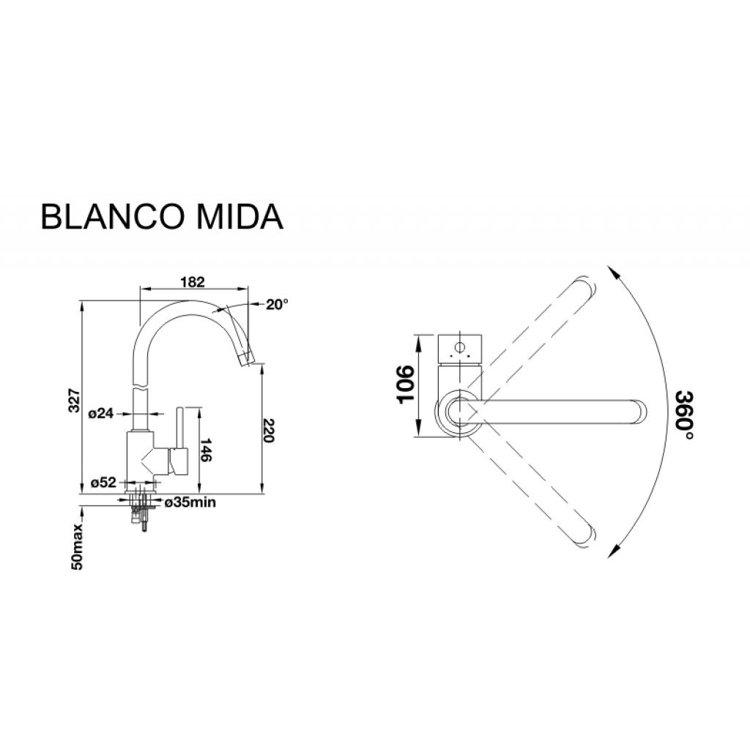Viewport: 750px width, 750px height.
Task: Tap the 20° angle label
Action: tap(277, 305)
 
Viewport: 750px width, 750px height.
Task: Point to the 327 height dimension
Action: tap(74, 399)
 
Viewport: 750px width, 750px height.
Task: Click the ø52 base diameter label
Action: tap(103, 483)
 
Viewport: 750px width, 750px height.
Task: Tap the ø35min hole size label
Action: tap(190, 502)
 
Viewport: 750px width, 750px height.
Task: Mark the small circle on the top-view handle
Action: tap(460, 347)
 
